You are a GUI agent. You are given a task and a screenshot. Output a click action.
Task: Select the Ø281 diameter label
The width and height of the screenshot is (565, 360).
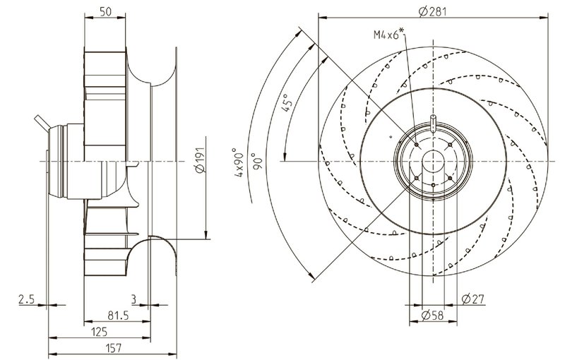tap(431, 11)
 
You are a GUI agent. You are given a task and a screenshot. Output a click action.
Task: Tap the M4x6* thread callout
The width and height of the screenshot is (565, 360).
tap(386, 34)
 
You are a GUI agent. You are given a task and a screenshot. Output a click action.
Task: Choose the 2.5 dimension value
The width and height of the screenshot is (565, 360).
tap(26, 299)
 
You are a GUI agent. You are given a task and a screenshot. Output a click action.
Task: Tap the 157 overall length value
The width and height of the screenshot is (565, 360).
tap(113, 347)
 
